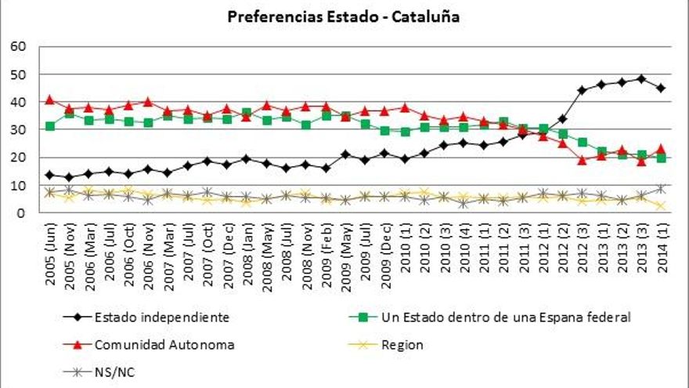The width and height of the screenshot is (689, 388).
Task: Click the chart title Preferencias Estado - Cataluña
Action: (x=344, y=16)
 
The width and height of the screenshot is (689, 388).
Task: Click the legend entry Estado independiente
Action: (x=161, y=317)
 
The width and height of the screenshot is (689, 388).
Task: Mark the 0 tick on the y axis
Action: (x=23, y=212)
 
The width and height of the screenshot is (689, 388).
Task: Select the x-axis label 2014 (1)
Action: (x=662, y=249)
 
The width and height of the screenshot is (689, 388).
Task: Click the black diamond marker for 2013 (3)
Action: (x=641, y=79)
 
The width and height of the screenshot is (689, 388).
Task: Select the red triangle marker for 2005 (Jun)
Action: (x=50, y=100)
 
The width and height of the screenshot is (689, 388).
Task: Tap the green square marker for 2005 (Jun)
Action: (x=50, y=126)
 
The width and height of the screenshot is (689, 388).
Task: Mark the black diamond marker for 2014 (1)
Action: (x=662, y=88)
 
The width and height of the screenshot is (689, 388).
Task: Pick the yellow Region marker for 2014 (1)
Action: (x=662, y=205)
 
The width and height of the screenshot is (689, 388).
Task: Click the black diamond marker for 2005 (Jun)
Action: (x=50, y=175)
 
